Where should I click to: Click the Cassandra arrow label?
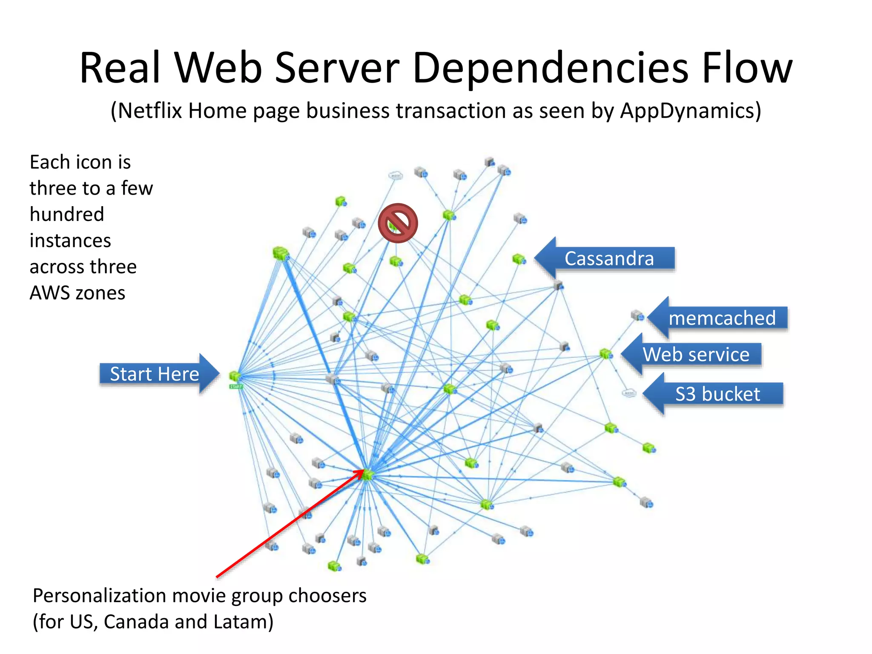609,258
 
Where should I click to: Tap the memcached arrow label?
722,318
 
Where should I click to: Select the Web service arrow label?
696,354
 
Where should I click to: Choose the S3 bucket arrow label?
717,394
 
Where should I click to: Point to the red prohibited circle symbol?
398,223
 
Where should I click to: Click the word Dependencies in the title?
550,68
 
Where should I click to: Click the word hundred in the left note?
67,214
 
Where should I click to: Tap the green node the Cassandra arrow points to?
519,259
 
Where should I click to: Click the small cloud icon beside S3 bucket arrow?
628,393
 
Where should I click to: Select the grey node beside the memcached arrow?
637,316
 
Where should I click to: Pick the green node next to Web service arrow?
606,354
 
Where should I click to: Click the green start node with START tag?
235,377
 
